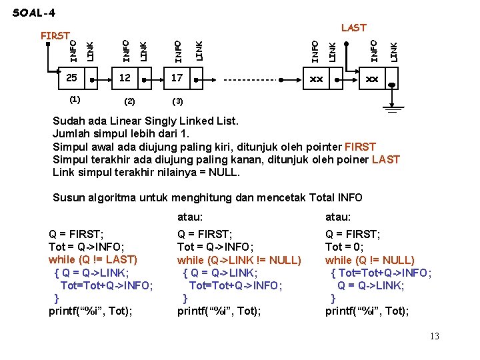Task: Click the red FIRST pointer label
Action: click(55, 35)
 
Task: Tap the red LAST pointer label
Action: click(353, 28)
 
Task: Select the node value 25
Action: click(71, 79)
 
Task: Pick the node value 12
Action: click(125, 79)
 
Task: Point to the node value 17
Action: click(177, 79)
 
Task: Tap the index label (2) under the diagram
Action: click(129, 101)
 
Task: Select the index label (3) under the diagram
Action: click(177, 101)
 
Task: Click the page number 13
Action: click(433, 336)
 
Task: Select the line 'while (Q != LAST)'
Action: click(93, 259)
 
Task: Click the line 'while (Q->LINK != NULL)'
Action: click(239, 259)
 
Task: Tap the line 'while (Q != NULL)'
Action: click(369, 259)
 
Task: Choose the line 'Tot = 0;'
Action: click(345, 247)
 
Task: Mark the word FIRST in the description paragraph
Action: click(360, 147)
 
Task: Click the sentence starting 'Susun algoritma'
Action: click(207, 197)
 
